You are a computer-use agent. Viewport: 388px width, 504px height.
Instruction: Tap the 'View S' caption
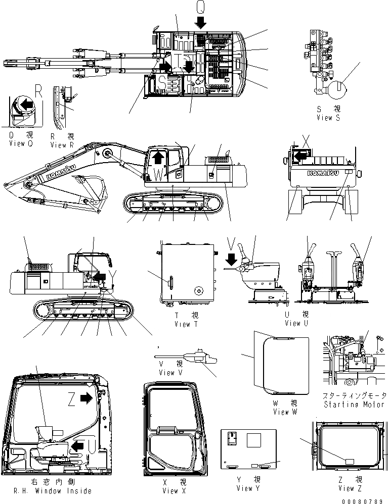[328, 117]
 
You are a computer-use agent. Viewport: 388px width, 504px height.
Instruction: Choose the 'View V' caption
[174, 373]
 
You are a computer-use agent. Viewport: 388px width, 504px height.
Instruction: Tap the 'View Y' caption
[248, 488]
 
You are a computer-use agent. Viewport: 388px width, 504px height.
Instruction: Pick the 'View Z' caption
[347, 488]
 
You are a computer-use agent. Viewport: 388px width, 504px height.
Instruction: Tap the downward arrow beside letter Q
[201, 22]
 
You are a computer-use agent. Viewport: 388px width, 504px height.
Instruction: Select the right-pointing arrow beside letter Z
[87, 398]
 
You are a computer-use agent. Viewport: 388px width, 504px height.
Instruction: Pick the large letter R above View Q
[38, 90]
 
